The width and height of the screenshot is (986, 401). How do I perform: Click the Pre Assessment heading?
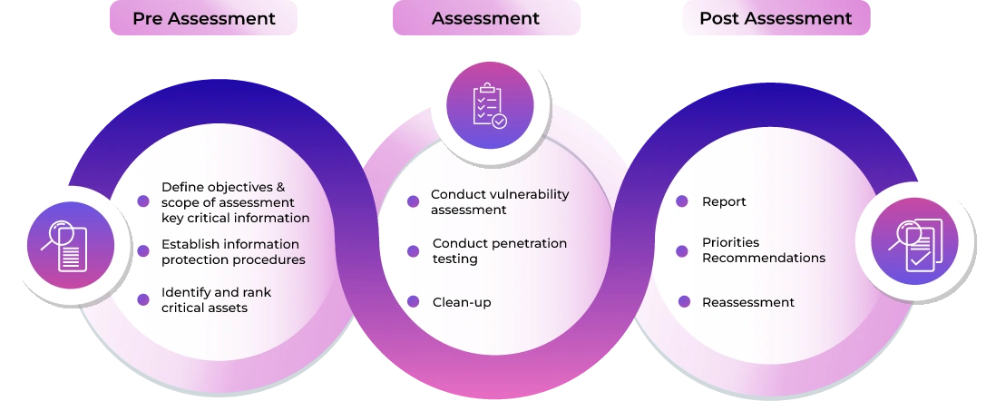click(204, 18)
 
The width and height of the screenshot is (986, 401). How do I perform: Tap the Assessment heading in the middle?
click(485, 18)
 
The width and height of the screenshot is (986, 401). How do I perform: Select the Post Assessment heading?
click(776, 18)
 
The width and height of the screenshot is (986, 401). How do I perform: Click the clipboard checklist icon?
click(490, 105)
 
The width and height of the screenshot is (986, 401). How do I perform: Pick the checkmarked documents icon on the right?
click(915, 243)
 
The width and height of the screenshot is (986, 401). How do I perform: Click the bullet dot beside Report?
click(681, 201)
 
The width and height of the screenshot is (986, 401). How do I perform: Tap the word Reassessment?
click(748, 302)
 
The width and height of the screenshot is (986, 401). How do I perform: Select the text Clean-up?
click(462, 302)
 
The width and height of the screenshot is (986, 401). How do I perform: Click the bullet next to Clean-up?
click(413, 302)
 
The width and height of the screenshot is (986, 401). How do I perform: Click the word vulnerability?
click(529, 194)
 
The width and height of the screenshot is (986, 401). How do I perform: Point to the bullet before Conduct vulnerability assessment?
click(413, 201)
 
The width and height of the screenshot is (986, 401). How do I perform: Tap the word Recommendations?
click(764, 258)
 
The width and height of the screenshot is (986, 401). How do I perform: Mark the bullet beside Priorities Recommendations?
click(681, 251)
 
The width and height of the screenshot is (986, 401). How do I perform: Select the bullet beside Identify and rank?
click(143, 299)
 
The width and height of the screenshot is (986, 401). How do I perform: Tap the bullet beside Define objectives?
click(143, 201)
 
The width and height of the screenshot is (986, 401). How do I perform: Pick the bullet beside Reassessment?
click(684, 302)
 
